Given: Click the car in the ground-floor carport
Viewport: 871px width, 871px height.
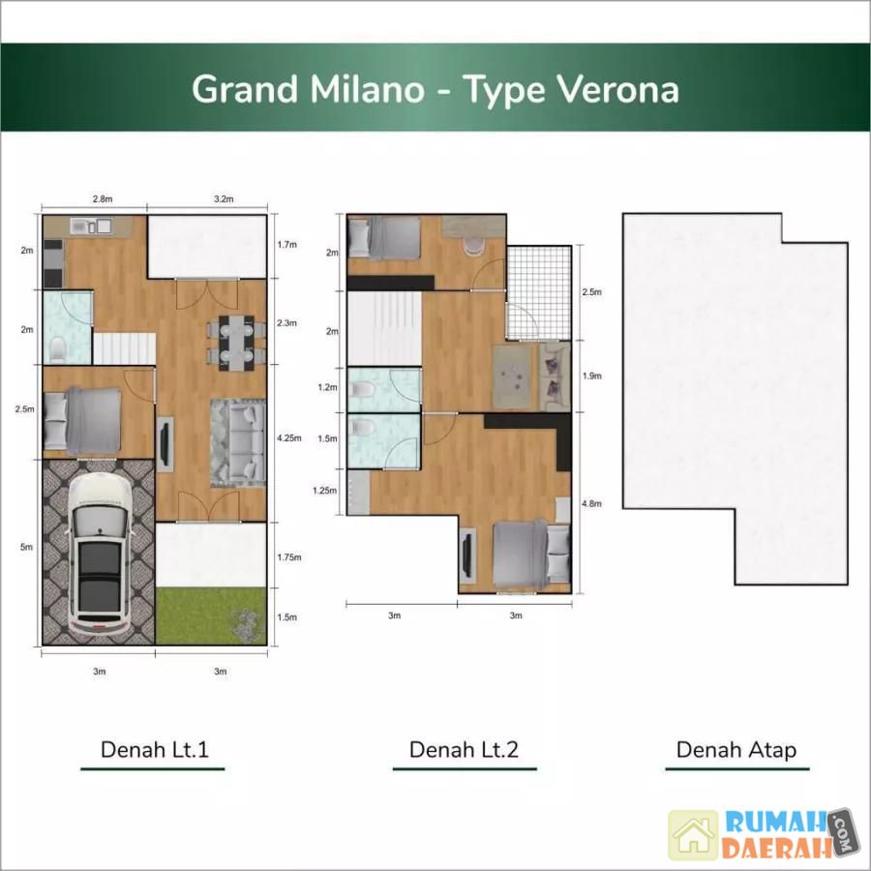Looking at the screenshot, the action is (x=101, y=553).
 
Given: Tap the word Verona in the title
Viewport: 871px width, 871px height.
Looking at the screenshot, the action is (x=617, y=89).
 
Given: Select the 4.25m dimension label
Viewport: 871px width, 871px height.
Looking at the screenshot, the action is (x=288, y=437).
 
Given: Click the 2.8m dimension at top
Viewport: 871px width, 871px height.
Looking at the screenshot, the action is (x=103, y=198).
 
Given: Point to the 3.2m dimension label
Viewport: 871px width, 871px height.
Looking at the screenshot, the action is (x=224, y=198).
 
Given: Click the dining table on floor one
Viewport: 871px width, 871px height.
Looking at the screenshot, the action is (x=236, y=343).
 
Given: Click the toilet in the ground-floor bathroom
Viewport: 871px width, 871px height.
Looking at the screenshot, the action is (x=57, y=347).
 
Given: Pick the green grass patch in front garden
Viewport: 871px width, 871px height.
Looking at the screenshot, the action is (x=211, y=616).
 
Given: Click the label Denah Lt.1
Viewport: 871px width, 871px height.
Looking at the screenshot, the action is (x=155, y=749).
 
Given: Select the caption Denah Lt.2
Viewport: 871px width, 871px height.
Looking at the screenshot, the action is (x=464, y=749).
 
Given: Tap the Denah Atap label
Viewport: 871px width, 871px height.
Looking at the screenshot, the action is (x=736, y=750).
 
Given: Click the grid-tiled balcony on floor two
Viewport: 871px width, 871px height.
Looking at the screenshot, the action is (x=539, y=292).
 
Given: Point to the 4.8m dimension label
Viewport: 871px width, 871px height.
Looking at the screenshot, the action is (x=591, y=503).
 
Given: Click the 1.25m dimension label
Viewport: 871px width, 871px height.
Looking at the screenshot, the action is (x=324, y=490).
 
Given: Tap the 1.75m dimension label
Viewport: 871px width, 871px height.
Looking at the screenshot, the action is (x=288, y=556).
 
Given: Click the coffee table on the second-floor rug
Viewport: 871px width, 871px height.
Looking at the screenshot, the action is (x=513, y=377).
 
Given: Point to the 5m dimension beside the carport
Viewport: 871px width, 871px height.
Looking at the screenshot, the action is (x=26, y=547).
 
